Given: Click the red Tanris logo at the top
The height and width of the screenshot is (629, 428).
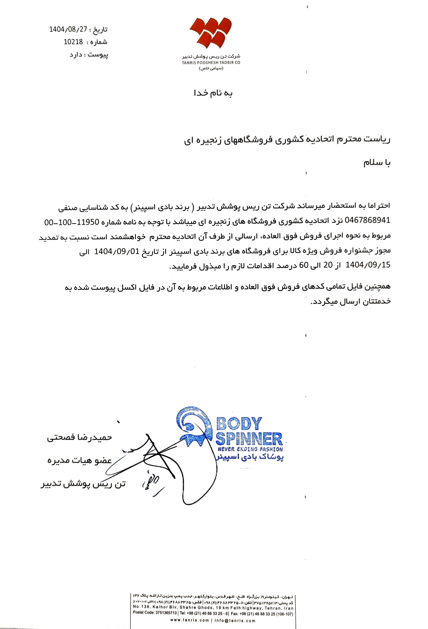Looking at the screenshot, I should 211,34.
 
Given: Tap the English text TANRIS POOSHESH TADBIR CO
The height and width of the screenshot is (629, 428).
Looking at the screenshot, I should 211,62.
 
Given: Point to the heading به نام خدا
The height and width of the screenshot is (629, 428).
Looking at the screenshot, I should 213,93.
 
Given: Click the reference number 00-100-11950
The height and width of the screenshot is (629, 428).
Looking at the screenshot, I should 71,223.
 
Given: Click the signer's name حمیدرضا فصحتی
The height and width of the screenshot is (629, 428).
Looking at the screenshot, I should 79,438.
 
